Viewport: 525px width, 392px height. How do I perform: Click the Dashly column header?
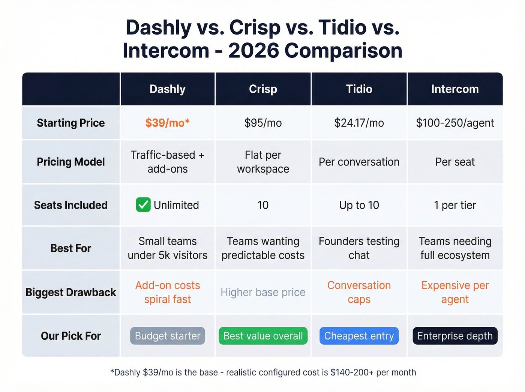167,89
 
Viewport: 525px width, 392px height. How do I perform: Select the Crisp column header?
263,89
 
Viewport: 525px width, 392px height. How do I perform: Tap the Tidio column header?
359,89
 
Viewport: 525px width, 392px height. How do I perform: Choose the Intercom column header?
455,89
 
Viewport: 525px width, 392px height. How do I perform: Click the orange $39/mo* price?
167,123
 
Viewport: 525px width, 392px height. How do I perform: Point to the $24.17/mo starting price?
359,123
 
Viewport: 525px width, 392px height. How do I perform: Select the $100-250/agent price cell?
455,123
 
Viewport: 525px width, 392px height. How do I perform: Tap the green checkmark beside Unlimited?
143,205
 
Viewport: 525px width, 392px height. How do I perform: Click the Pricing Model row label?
71,162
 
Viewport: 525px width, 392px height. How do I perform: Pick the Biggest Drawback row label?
71,292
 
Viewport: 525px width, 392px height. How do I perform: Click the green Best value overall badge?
263,336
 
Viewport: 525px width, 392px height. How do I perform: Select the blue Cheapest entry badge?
359,336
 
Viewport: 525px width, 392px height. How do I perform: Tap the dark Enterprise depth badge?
455,336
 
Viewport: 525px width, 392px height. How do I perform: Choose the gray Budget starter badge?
167,336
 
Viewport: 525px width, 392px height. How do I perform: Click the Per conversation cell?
359,162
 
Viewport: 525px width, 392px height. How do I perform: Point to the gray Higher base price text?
263,292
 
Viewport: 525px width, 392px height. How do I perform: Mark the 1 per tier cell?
455,205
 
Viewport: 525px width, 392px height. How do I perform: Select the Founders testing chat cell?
359,248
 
